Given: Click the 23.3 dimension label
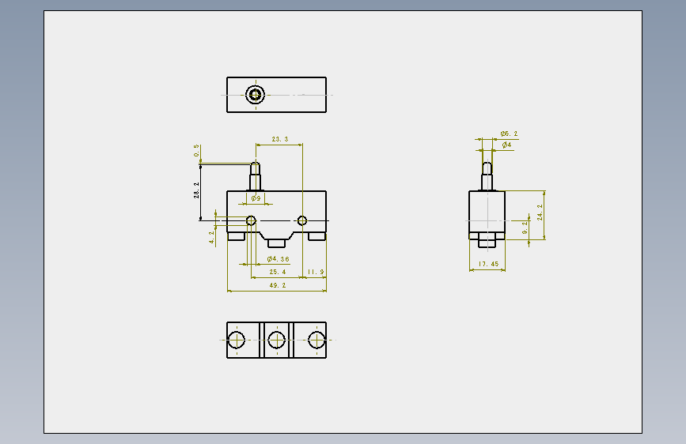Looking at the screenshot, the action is pyautogui.click(x=280, y=139).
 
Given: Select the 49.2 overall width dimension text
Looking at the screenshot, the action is pyautogui.click(x=278, y=285).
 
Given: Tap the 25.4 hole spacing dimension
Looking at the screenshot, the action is pyautogui.click(x=278, y=272).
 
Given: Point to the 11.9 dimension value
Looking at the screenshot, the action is pyautogui.click(x=316, y=272).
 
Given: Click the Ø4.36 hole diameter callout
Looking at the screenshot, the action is pyautogui.click(x=279, y=258).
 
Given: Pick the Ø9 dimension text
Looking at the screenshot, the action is pyautogui.click(x=256, y=198).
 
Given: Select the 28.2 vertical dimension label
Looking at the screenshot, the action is pyautogui.click(x=196, y=190).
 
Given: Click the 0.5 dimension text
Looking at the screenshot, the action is pyautogui.click(x=196, y=151).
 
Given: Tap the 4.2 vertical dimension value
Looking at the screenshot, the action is pyautogui.click(x=212, y=237).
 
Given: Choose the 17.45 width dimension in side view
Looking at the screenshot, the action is pyautogui.click(x=488, y=264).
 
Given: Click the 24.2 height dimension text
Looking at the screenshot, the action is pyautogui.click(x=540, y=213).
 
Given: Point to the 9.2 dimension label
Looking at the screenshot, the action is pyautogui.click(x=525, y=228).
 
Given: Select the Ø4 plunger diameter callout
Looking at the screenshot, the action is pyautogui.click(x=506, y=145).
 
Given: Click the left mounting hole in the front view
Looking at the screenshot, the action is pyautogui.click(x=251, y=220).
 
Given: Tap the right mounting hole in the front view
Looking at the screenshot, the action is pyautogui.click(x=302, y=220).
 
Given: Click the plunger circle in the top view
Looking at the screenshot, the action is pyautogui.click(x=255, y=95).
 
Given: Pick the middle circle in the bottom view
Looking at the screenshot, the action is pyautogui.click(x=276, y=340).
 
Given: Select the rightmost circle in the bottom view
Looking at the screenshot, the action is pyautogui.click(x=316, y=340).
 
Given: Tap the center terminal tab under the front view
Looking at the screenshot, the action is pyautogui.click(x=276, y=243).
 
